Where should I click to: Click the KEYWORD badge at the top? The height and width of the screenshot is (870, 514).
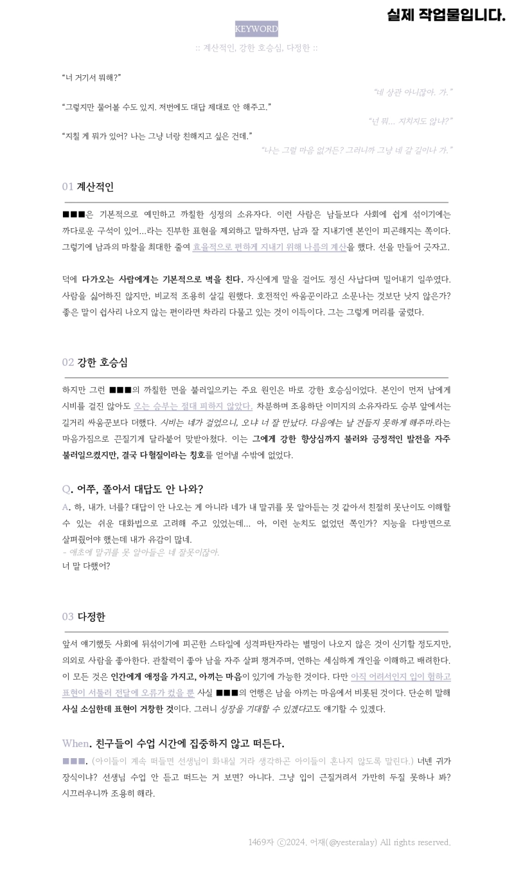pyautogui.click(x=256, y=29)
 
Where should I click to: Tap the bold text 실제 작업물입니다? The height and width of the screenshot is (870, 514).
pyautogui.click(x=446, y=15)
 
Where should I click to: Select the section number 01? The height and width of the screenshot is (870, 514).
pyautogui.click(x=67, y=187)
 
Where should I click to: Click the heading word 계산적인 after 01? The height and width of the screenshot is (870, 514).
pyautogui.click(x=95, y=187)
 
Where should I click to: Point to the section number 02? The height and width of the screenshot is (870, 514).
pyautogui.click(x=68, y=363)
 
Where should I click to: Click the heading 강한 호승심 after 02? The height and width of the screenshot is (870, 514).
pyautogui.click(x=102, y=363)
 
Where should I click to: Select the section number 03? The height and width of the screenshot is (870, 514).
pyautogui.click(x=68, y=617)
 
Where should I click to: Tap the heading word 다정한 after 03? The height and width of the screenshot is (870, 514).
pyautogui.click(x=91, y=617)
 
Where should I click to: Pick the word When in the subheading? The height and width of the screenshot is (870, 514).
pyautogui.click(x=75, y=744)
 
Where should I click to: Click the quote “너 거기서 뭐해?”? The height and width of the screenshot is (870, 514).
pyautogui.click(x=91, y=78)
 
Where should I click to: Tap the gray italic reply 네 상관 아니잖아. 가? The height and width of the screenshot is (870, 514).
pyautogui.click(x=412, y=93)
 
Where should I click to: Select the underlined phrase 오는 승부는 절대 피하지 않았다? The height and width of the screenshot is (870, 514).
pyautogui.click(x=193, y=406)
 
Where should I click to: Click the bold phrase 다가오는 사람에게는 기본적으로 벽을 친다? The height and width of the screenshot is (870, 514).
pyautogui.click(x=163, y=280)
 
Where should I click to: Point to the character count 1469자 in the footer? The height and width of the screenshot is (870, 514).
pyautogui.click(x=261, y=842)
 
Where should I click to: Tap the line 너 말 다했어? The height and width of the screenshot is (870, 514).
pyautogui.click(x=86, y=566)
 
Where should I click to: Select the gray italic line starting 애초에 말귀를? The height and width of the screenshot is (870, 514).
pyautogui.click(x=141, y=552)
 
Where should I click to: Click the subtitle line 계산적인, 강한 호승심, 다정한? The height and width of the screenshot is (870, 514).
pyautogui.click(x=256, y=48)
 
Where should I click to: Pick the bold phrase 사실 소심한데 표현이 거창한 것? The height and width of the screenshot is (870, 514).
pyautogui.click(x=118, y=709)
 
